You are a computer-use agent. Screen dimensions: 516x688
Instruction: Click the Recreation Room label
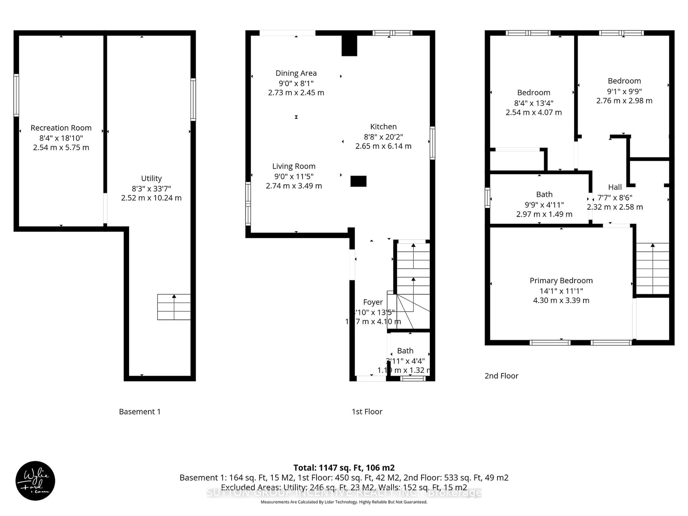point(61,128)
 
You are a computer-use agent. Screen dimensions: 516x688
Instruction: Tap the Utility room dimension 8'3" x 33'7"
point(151,188)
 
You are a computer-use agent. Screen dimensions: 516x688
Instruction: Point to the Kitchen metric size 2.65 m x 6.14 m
point(383,146)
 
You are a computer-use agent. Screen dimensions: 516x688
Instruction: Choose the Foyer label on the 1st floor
point(373,302)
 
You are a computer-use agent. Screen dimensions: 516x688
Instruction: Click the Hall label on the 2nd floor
point(615,187)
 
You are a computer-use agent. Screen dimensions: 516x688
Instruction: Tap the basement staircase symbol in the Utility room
point(174,307)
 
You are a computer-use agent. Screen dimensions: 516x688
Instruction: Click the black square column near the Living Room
point(358,181)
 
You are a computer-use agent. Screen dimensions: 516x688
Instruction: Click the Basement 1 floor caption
point(140,412)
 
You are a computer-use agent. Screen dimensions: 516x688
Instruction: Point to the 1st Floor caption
point(367,412)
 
